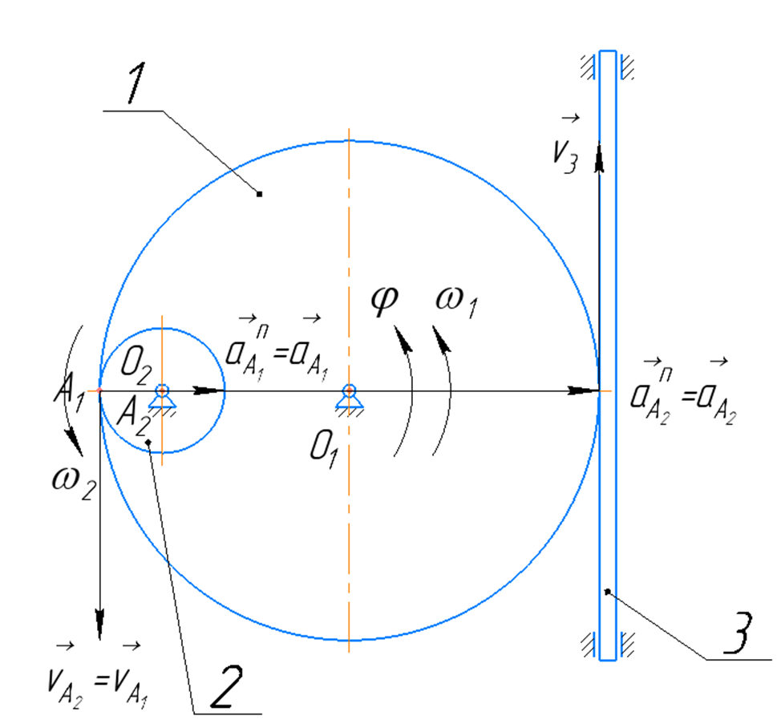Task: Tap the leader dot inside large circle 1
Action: click(x=260, y=193)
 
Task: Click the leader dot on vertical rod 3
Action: click(x=607, y=592)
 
